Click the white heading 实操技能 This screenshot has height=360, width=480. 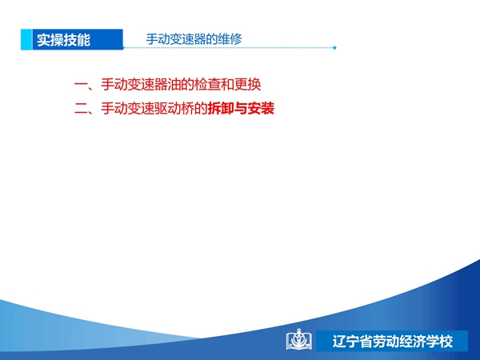64,40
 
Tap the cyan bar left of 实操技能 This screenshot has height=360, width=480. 26,39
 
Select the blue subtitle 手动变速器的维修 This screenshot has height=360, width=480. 194,39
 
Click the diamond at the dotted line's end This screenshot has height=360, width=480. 334,48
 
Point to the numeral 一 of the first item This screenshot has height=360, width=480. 81,85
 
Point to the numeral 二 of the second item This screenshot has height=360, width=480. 81,109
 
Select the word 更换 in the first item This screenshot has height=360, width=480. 247,85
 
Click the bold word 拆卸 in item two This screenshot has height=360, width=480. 221,109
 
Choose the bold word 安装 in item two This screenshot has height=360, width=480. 261,109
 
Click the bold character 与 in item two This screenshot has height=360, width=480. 241,109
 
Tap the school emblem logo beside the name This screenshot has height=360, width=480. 299,339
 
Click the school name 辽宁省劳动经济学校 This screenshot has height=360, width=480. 393,342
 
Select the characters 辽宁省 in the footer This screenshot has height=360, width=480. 352,342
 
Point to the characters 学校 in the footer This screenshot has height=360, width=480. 439,342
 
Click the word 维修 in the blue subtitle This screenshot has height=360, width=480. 230,39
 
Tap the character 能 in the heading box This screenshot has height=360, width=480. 84,40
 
